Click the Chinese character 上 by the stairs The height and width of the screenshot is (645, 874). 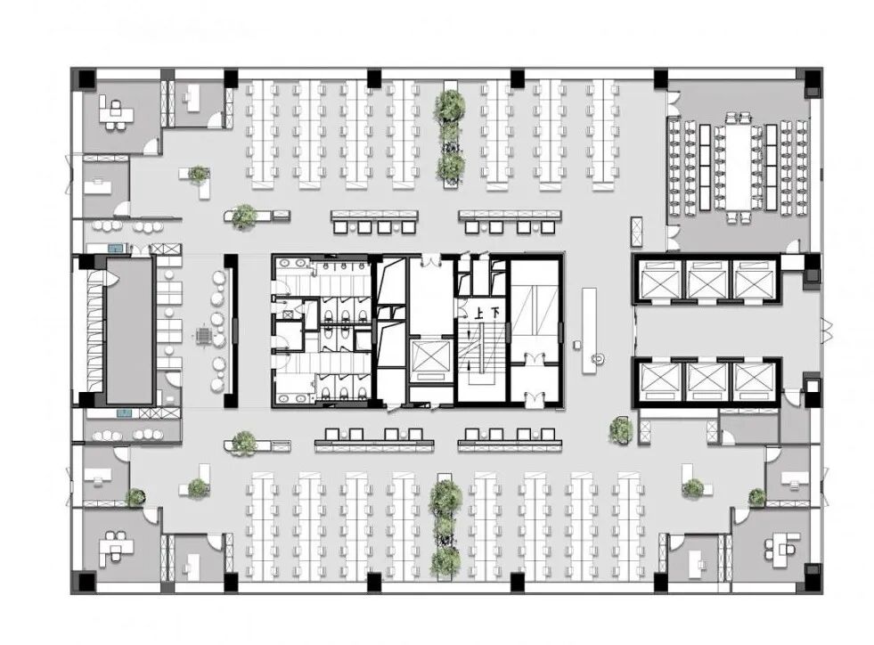click(478, 314)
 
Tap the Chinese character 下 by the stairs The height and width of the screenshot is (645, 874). click(494, 314)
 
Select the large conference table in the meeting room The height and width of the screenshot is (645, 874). click(739, 167)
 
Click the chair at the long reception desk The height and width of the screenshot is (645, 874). click(600, 360)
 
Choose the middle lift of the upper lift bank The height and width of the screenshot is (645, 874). click(706, 280)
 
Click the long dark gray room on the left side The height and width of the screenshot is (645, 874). click(129, 330)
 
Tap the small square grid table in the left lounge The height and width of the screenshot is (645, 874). click(204, 336)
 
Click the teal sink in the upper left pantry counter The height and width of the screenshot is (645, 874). click(117, 248)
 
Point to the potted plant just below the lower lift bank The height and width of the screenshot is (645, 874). click(621, 430)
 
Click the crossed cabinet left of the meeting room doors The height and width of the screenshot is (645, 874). click(636, 232)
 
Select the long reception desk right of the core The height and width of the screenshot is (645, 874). click(589, 330)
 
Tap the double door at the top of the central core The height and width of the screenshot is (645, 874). click(429, 260)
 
